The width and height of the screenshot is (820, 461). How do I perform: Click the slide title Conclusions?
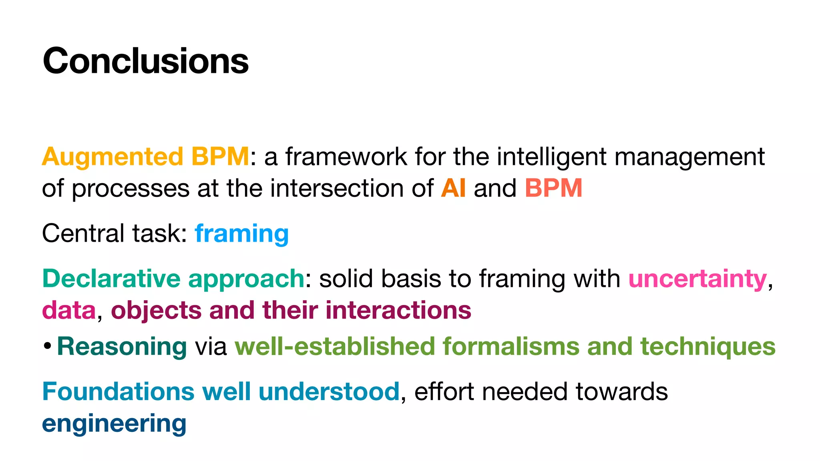[145, 61]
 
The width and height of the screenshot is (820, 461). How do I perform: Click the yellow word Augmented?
[113, 156]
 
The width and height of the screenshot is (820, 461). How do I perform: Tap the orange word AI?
[453, 188]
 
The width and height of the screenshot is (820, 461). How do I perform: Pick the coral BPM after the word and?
[553, 188]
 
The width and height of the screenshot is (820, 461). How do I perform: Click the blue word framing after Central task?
[241, 234]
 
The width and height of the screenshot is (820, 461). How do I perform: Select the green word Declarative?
[111, 279]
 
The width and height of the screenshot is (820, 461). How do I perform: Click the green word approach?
[246, 279]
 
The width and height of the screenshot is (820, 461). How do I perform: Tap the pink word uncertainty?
[697, 279]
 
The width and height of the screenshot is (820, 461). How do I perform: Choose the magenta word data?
[69, 311]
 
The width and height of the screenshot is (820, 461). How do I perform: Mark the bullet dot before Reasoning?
[48, 346]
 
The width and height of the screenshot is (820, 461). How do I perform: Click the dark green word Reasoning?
[122, 347]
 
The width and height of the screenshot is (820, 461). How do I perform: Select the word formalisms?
[510, 347]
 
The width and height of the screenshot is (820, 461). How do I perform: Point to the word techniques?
[708, 347]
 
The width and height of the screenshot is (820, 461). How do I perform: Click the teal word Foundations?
[118, 391]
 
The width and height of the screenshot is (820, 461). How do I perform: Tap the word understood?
[329, 391]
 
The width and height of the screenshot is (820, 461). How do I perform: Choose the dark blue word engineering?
[114, 424]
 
